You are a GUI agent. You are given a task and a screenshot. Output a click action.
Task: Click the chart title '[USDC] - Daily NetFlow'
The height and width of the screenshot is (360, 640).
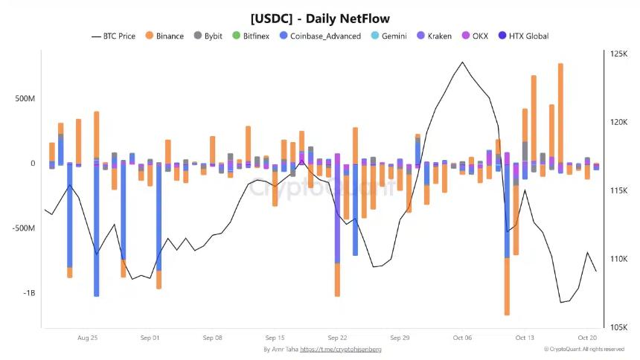pos(320,17)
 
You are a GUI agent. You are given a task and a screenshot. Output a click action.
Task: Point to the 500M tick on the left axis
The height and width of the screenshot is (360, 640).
pos(22,99)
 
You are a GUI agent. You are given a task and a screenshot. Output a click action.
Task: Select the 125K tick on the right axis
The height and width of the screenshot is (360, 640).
pos(618,54)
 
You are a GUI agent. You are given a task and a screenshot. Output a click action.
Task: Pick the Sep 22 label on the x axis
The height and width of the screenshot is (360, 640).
pos(337,337)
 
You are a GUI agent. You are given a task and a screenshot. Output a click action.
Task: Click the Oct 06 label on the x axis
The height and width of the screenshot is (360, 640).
pos(462,337)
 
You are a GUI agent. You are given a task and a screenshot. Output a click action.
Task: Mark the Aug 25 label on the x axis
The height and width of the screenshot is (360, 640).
pos(88,337)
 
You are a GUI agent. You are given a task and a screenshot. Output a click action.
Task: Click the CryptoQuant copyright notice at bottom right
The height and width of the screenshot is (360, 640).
pos(583,349)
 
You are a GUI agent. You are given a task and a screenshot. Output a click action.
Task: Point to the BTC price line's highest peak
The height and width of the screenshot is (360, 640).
pos(462,62)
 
